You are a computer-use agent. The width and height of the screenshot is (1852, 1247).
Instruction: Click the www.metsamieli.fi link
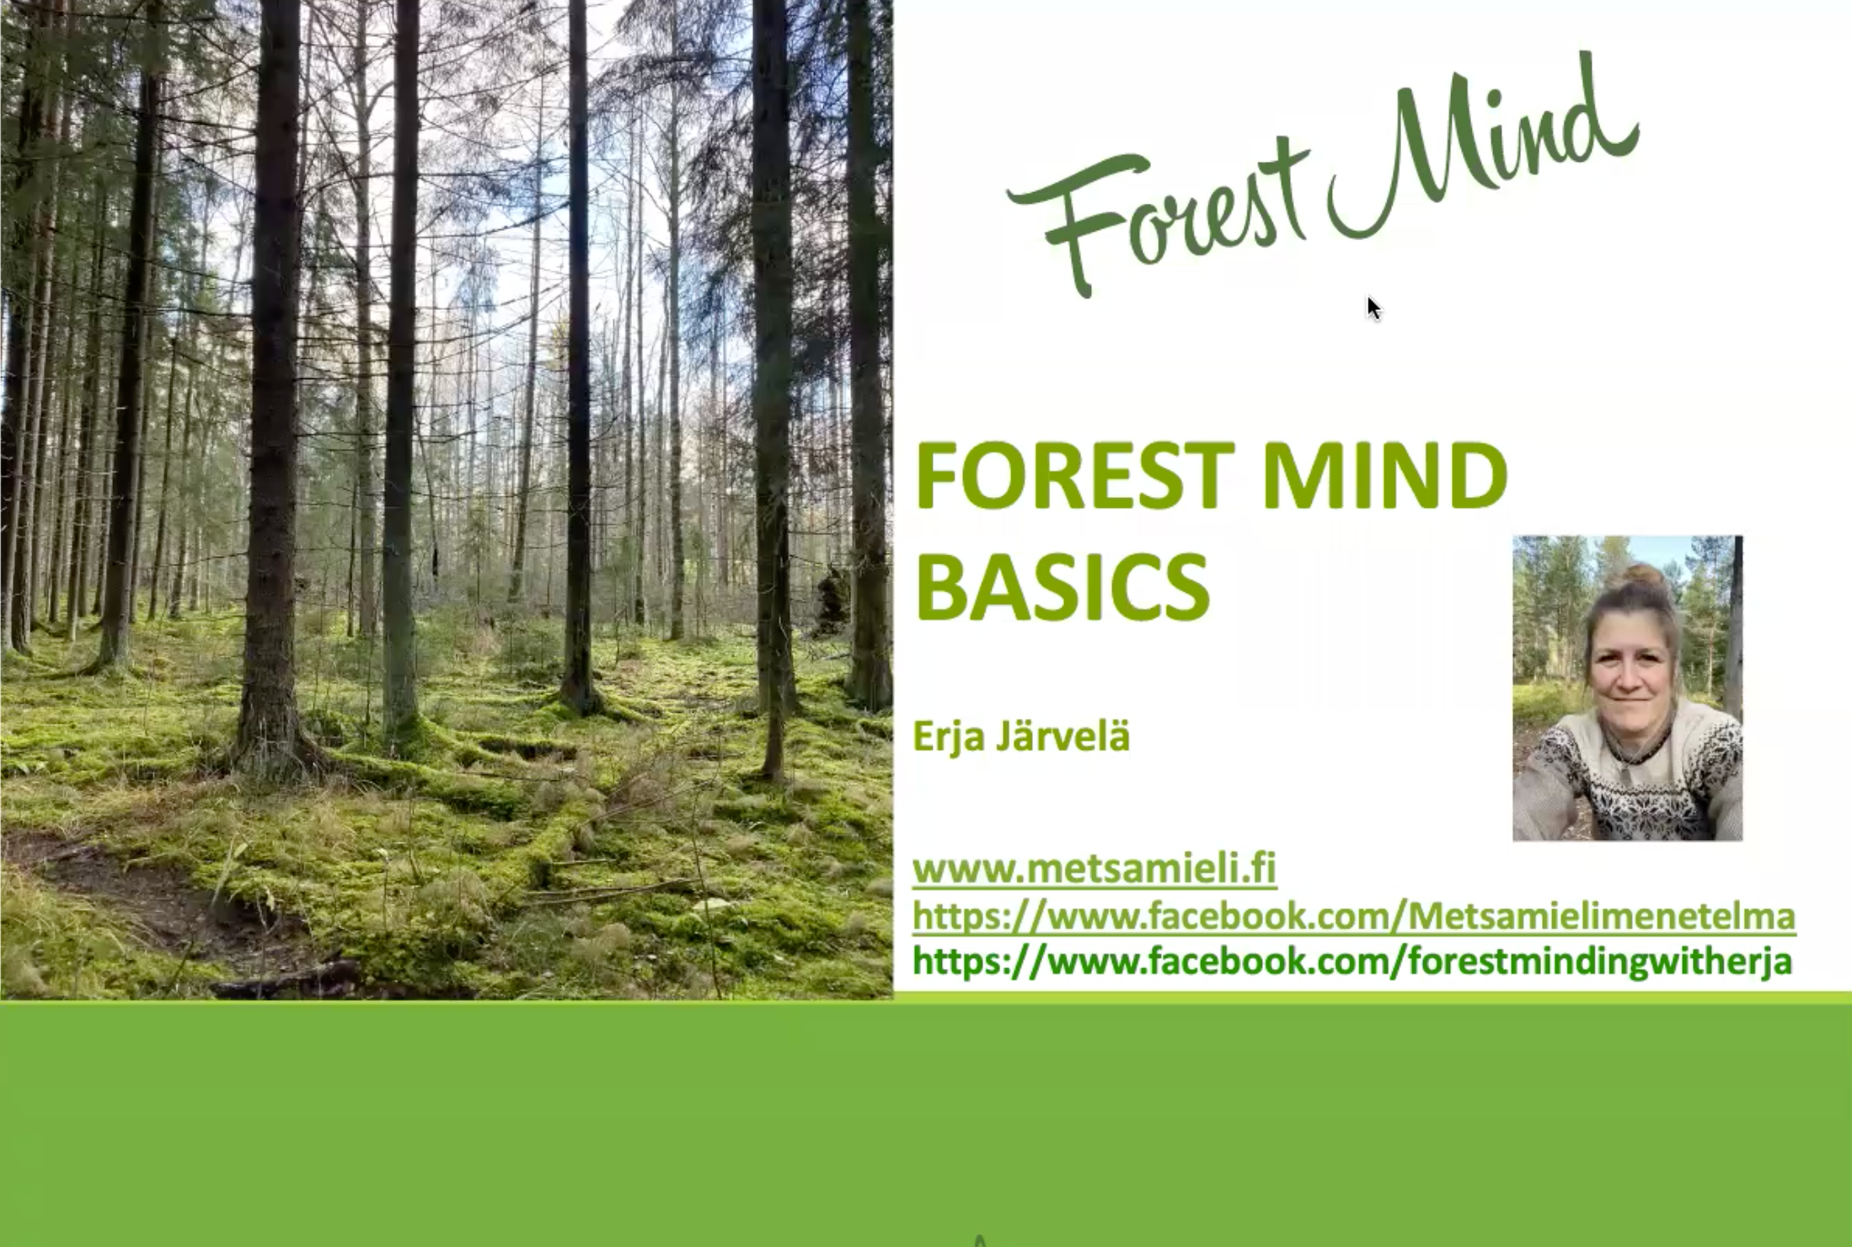click(1095, 869)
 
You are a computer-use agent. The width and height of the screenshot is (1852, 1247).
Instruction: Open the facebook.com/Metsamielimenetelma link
click(1354, 916)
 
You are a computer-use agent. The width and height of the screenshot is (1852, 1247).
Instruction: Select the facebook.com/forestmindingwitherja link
click(1352, 962)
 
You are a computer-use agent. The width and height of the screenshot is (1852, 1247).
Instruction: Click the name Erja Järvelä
click(1021, 736)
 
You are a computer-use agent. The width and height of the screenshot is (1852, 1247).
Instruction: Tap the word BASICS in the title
click(1062, 586)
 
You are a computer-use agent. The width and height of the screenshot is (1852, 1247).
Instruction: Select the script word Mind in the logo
click(1483, 147)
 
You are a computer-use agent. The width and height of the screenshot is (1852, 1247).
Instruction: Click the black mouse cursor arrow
click(1373, 308)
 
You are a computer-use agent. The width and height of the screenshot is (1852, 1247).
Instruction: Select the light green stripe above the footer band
click(1373, 998)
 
